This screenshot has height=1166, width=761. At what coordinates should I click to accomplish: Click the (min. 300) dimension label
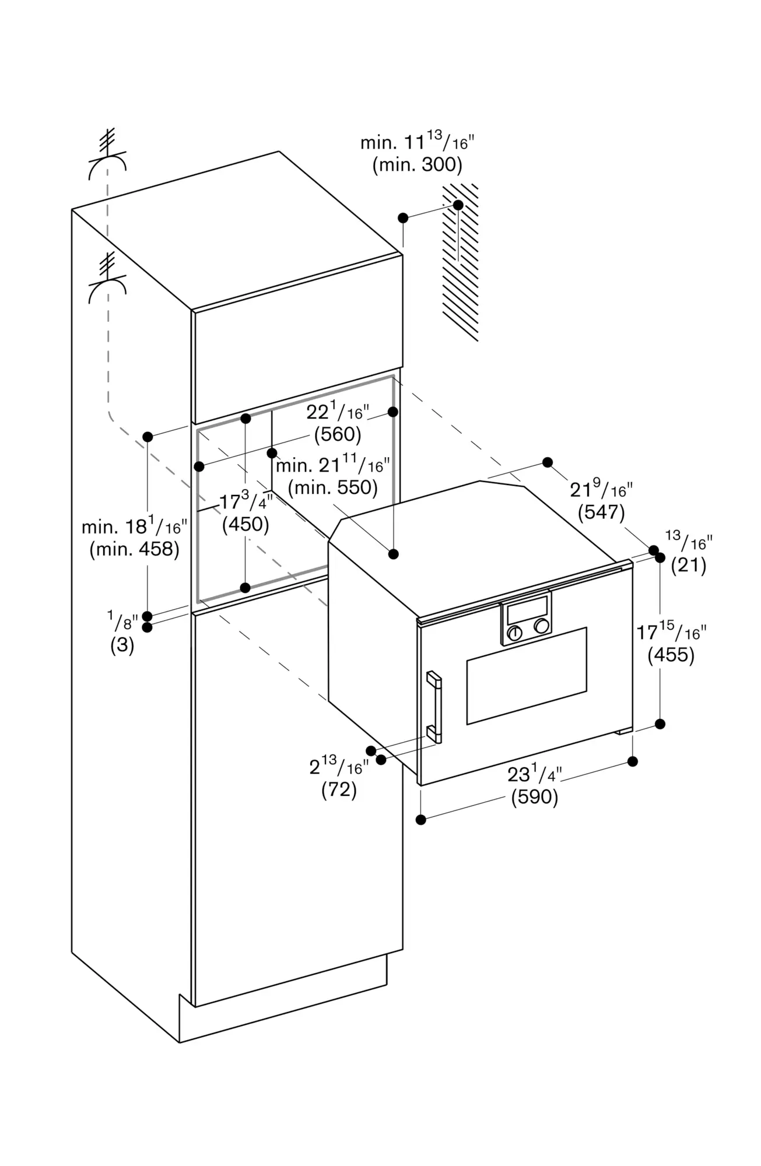point(418,165)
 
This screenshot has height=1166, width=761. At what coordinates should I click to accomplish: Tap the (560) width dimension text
point(338,434)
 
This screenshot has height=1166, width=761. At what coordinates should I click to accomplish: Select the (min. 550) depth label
point(333,487)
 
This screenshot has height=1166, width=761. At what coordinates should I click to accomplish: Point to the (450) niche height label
point(246,524)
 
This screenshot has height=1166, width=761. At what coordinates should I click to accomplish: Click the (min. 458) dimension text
point(134,549)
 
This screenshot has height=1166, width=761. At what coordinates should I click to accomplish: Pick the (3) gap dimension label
point(122,645)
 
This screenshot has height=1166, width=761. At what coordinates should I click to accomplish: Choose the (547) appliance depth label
point(601,512)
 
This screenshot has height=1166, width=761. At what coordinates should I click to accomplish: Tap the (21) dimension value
point(689,565)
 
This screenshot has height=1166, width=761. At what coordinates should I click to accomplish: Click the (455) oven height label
point(671,655)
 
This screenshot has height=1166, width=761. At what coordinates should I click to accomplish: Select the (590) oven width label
point(535,797)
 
